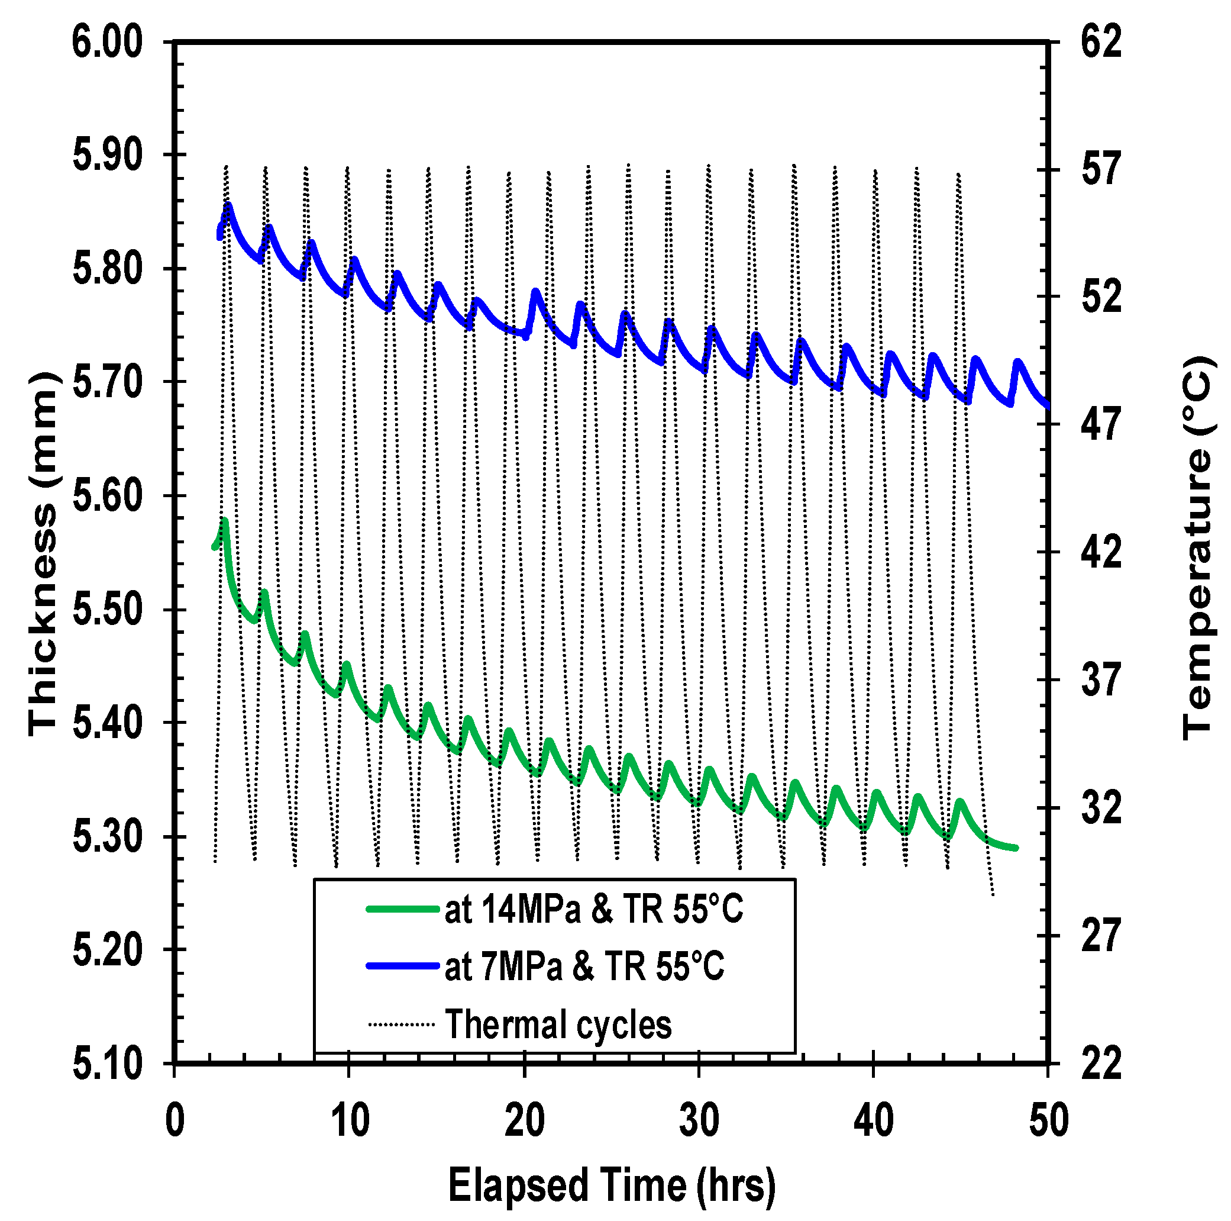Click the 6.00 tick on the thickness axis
click(x=106, y=43)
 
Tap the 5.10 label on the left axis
click(x=106, y=1064)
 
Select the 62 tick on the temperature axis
click(x=1101, y=43)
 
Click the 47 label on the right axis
click(x=1101, y=424)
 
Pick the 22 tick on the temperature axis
click(x=1101, y=1064)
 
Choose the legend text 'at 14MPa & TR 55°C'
click(x=593, y=908)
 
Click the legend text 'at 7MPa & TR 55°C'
click(x=584, y=967)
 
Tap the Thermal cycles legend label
click(x=558, y=1025)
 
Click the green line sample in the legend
click(x=403, y=909)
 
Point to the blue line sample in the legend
click(x=403, y=967)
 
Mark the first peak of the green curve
click(x=224, y=521)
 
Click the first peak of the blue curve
click(x=228, y=205)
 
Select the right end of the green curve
click(x=1016, y=848)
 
